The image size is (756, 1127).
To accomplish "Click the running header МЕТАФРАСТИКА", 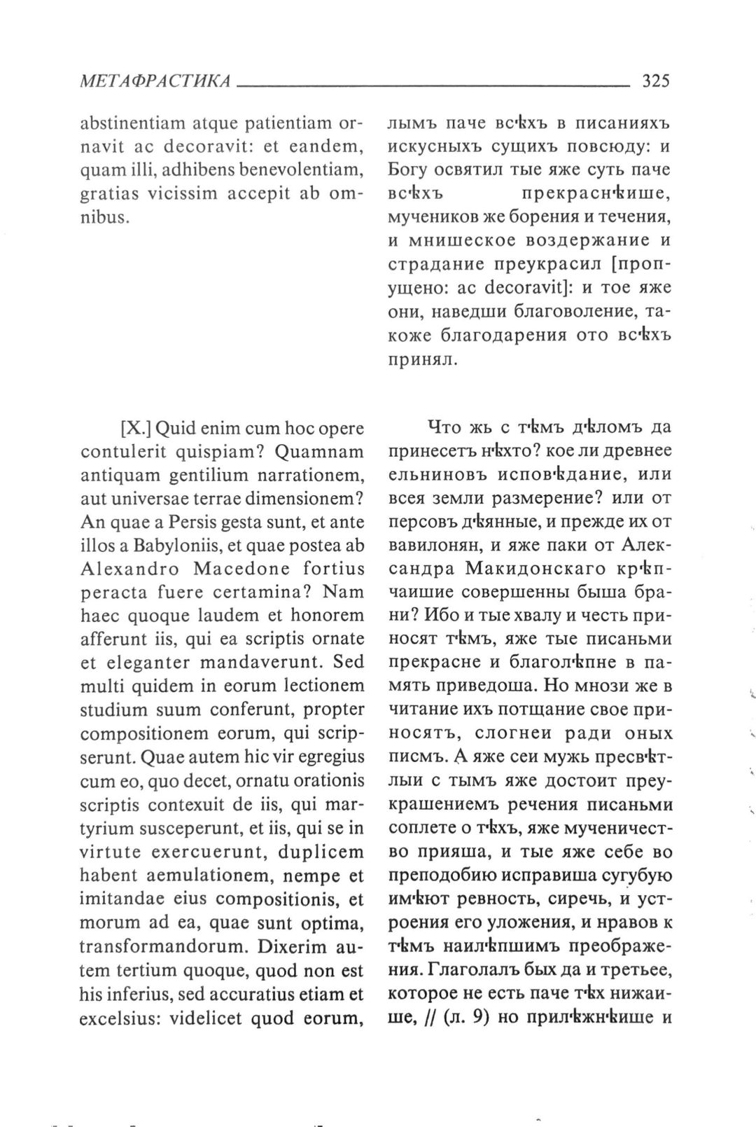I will tap(155, 81).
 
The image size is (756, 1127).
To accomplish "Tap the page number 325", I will tap(656, 81).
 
